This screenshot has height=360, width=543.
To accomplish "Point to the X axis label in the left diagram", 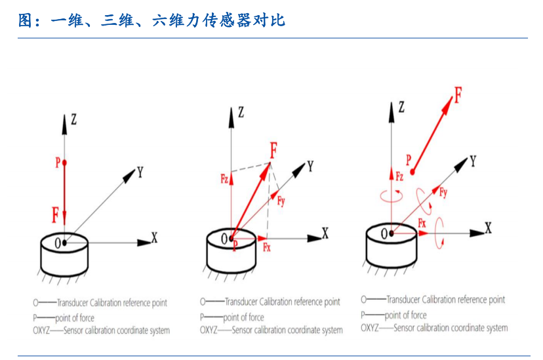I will (154, 237).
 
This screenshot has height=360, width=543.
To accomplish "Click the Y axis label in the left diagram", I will (140, 172).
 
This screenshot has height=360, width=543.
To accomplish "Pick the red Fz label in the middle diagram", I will (224, 178).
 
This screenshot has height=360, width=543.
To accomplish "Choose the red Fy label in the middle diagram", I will (281, 201).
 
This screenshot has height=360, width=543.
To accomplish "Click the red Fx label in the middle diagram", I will (267, 247).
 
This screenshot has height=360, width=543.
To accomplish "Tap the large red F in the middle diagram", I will (273, 151).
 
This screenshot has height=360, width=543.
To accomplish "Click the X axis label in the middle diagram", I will (325, 232).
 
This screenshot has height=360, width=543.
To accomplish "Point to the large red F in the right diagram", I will (457, 96).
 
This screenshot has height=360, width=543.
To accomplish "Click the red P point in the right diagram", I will (412, 172).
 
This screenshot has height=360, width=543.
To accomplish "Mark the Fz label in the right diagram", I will (399, 176).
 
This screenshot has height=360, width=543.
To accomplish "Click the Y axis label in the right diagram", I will (473, 160).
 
